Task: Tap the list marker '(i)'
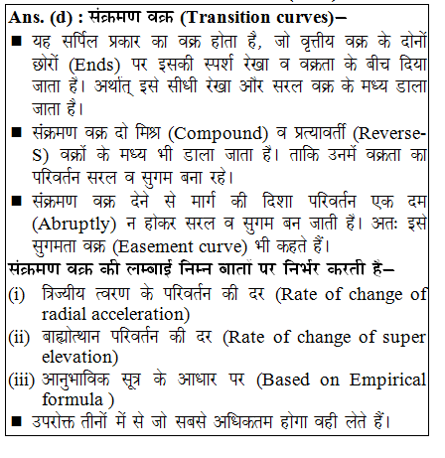[x=17, y=295]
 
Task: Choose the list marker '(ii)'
[x=19, y=337]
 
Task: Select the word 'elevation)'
[x=80, y=358]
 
